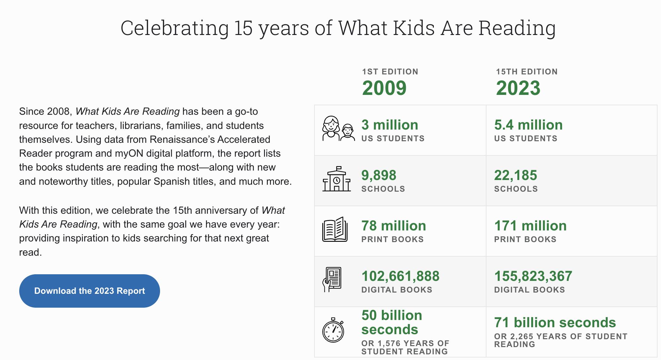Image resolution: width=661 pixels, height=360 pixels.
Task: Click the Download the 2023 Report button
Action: click(89, 291)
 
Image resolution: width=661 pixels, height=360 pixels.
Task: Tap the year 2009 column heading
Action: click(384, 88)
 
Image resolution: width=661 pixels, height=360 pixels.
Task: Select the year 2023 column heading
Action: click(518, 88)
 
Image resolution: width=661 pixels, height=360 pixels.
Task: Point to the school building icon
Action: click(336, 179)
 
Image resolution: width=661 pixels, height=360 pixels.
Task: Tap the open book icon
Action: click(335, 229)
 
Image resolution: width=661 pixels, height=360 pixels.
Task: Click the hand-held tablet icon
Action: click(332, 280)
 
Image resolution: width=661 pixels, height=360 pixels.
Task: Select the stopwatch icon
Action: click(333, 330)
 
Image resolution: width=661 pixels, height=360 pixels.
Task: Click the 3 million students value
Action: click(390, 125)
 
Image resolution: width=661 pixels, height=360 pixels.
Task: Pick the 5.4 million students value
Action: click(528, 125)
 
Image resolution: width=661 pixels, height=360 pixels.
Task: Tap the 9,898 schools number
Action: click(379, 175)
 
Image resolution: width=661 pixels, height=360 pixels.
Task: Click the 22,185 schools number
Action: click(515, 175)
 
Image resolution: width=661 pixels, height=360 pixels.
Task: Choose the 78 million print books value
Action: click(394, 226)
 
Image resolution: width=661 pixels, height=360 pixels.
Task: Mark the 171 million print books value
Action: click(530, 226)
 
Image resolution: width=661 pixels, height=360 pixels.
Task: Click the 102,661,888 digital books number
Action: click(400, 276)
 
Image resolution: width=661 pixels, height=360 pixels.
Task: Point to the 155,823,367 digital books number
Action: click(533, 276)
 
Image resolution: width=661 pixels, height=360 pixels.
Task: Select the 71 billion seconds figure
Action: click(555, 322)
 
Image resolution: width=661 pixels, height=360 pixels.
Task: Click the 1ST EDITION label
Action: click(390, 72)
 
